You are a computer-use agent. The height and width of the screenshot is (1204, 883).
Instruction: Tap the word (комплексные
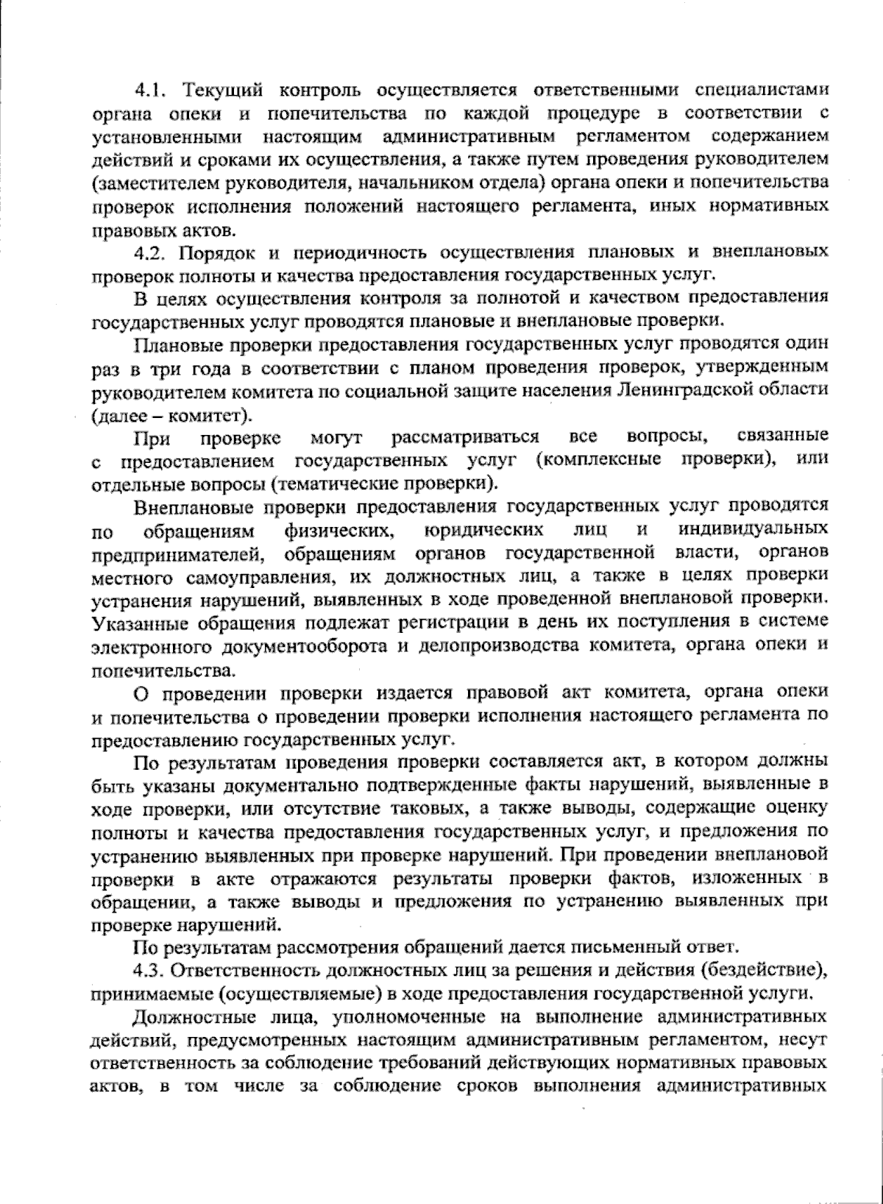pyautogui.click(x=597, y=460)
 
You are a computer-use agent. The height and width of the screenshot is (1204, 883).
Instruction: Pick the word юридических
pyautogui.click(x=486, y=529)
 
